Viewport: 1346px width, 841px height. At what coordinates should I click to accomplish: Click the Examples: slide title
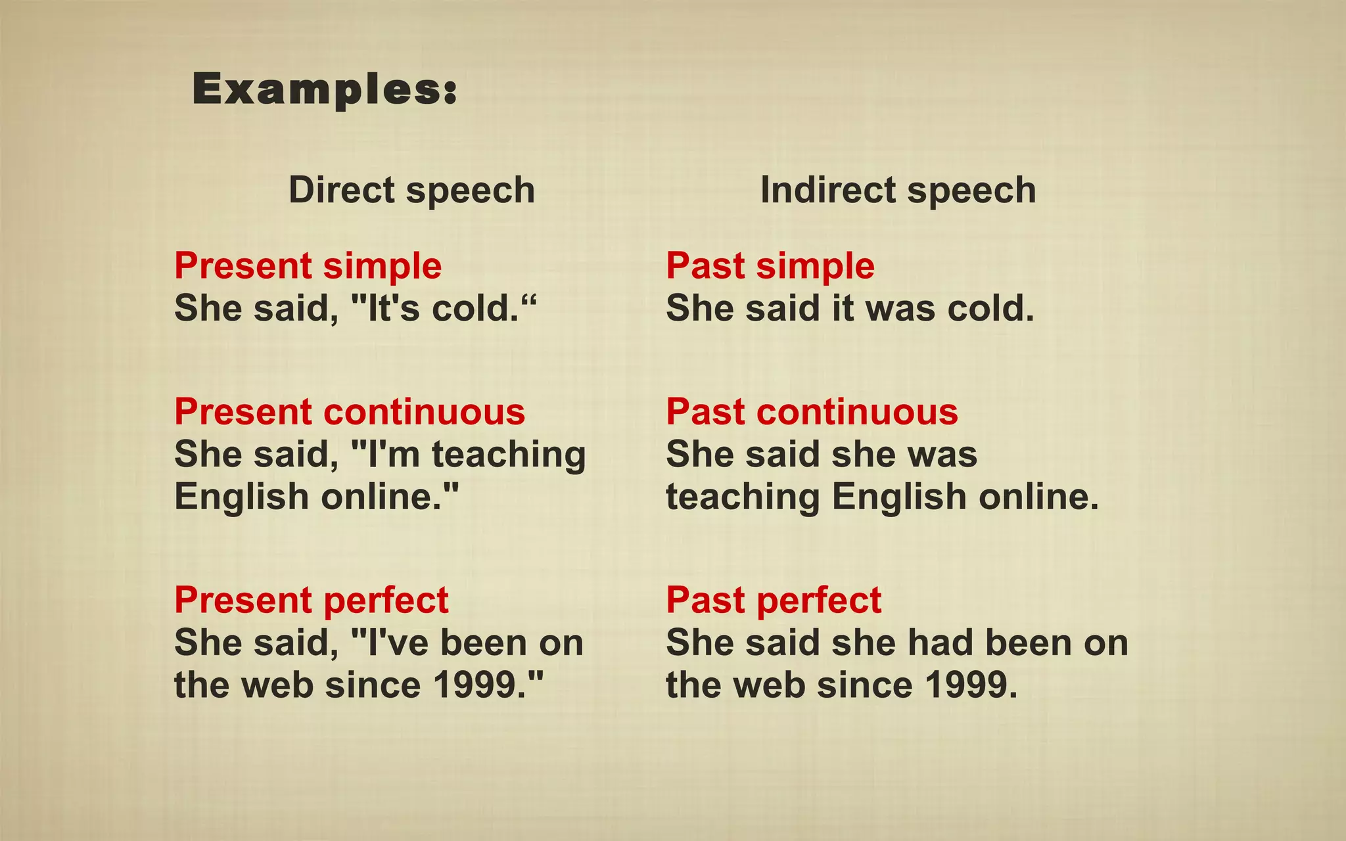point(325,89)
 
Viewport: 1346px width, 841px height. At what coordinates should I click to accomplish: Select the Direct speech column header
point(412,190)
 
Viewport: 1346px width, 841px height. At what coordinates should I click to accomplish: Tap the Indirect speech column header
point(898,190)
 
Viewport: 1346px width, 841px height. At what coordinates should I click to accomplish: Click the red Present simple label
point(308,265)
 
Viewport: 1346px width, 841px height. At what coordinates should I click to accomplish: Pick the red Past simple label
point(770,265)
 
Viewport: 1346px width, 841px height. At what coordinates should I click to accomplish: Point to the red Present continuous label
point(350,412)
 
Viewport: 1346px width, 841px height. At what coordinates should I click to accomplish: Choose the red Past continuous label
point(812,412)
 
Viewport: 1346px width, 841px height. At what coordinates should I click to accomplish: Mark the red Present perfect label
point(312,600)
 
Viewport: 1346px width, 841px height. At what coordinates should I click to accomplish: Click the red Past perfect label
point(774,600)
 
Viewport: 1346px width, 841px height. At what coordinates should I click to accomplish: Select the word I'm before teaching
point(392,454)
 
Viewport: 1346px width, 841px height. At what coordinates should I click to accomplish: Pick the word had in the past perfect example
point(944,643)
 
